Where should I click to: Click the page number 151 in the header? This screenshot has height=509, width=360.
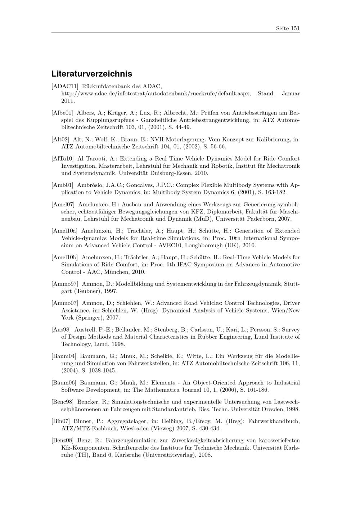pyautogui.click(x=295, y=28)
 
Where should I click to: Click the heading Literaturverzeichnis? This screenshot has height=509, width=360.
pyautogui.click(x=92, y=74)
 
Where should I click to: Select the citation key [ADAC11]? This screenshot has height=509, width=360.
pyautogui.click(x=65, y=86)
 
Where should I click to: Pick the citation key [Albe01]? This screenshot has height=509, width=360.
pyautogui.click(x=62, y=113)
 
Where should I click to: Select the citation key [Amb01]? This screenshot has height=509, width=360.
pyautogui.click(x=63, y=185)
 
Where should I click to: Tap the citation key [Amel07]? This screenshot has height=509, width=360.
pyautogui.click(x=63, y=204)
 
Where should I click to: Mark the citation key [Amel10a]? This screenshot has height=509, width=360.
pyautogui.click(x=65, y=231)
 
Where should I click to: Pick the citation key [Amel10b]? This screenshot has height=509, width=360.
pyautogui.click(x=65, y=257)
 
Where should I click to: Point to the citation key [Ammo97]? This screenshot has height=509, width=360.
pyautogui.click(x=65, y=284)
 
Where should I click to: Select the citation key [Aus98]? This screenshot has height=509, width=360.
pyautogui.click(x=61, y=329)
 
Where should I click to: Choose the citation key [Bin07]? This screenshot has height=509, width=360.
pyautogui.click(x=61, y=421)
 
